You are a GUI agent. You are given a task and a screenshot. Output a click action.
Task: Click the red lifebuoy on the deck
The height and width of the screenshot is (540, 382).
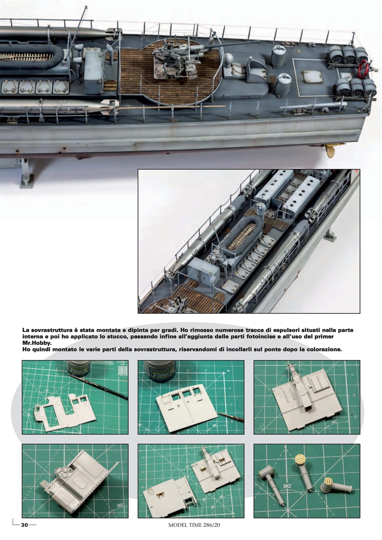tap(363, 70)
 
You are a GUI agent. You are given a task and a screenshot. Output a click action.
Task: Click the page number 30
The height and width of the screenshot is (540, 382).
tap(24, 525)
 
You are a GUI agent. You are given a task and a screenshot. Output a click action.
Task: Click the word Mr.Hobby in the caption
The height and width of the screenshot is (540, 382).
tap(36, 343)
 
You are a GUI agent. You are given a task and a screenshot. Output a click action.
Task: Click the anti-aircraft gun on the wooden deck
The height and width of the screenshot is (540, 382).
tap(173, 63)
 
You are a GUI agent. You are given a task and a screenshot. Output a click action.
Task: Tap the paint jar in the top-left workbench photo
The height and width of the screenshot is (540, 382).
tap(79, 368)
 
